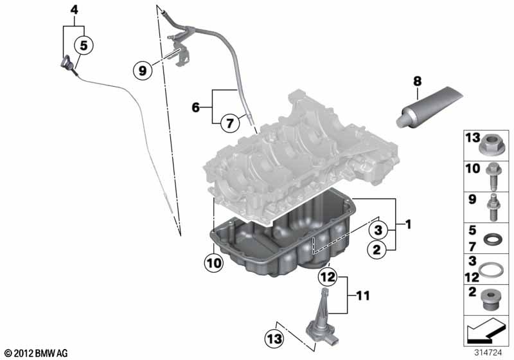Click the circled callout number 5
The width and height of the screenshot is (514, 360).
tap(84, 45)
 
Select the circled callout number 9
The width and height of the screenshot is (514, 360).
tap(143, 70)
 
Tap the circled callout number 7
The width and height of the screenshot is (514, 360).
tap(230, 123)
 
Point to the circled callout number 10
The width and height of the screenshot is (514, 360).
tap(214, 263)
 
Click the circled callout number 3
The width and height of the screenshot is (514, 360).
tap(378, 230)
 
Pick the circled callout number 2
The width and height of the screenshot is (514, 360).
tap(377, 250)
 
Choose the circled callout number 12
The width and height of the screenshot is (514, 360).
tap(328, 277)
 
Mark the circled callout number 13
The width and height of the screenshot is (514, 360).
tap(274, 338)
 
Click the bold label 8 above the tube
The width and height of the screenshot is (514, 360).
tap(417, 80)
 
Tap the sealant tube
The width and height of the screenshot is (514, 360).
tap(429, 107)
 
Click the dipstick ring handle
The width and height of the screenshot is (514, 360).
tap(67, 62)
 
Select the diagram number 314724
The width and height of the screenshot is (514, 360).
tap(488, 353)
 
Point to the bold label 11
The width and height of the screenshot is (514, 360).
tap(363, 296)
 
